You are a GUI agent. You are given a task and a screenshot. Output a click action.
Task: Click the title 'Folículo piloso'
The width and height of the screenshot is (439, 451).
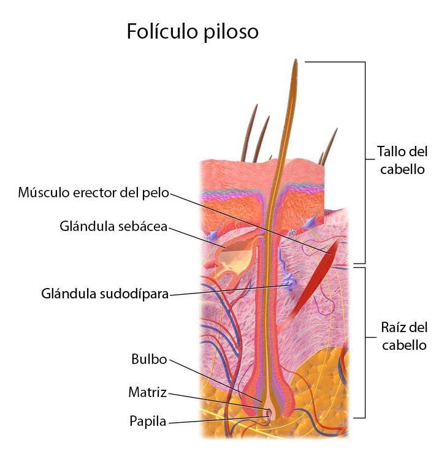coord(193,31)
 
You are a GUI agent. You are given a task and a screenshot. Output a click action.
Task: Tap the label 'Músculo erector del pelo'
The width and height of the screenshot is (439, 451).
coord(93,193)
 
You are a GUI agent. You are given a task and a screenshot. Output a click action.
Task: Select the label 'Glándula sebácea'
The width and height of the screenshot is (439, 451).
coord(113,226)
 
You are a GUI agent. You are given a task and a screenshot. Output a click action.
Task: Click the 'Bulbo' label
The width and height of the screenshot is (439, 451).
coord(149,359)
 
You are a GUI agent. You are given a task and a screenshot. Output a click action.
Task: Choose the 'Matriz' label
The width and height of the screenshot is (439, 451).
coord(147,392)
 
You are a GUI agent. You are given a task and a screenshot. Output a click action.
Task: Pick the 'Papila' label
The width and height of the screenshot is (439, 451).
coord(148,422)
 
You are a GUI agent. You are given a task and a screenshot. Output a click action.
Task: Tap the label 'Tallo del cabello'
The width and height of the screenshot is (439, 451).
coord(402,160)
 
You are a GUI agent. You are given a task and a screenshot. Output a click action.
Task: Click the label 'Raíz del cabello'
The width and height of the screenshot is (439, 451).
coord(403,336)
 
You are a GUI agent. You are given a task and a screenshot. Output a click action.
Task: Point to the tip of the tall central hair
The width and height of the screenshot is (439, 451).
coord(296,61)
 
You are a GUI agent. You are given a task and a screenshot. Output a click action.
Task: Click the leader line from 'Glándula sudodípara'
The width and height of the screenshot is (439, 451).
coord(227,290)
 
